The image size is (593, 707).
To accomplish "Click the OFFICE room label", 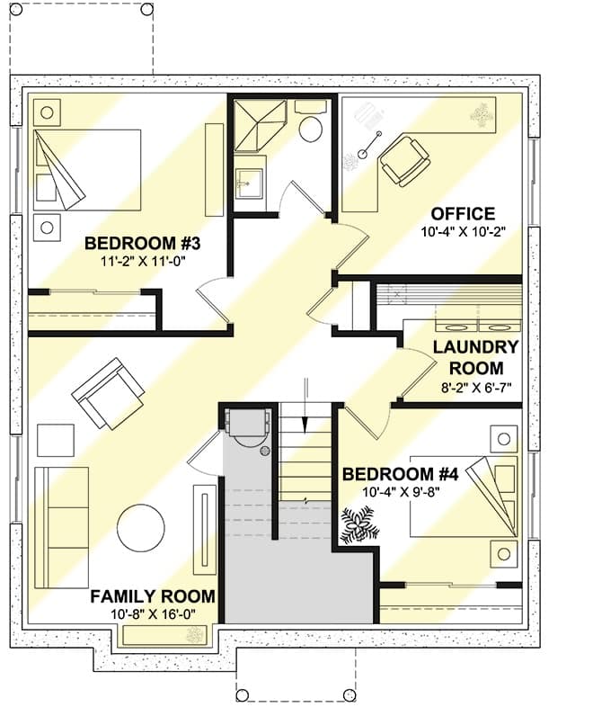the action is (463, 213).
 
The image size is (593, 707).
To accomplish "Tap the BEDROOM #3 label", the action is (142, 244).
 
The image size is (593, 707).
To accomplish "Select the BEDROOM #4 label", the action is (401, 474).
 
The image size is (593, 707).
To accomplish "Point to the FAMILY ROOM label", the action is (153, 596).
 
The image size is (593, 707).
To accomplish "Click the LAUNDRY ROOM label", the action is (476, 358).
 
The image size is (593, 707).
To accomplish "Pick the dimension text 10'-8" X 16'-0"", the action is (153, 614).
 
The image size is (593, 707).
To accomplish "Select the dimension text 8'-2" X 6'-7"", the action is (476, 388).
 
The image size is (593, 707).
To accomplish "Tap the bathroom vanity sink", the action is (250, 183).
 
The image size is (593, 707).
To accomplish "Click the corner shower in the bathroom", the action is (261, 125).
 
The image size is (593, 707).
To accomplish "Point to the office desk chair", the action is (403, 160).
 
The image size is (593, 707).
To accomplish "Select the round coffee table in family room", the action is (141, 528).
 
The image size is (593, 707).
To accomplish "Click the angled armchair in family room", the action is (108, 394).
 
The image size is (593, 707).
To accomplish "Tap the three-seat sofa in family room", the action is (62, 527).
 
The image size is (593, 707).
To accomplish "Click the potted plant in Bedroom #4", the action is (358, 525).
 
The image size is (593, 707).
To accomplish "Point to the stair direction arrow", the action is (305, 406).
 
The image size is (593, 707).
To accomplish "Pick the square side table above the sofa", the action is (56, 440).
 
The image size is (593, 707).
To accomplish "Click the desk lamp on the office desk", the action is (369, 145).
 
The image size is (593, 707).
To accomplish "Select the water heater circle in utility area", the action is (265, 451).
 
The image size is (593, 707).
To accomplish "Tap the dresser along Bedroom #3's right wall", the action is (215, 170).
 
